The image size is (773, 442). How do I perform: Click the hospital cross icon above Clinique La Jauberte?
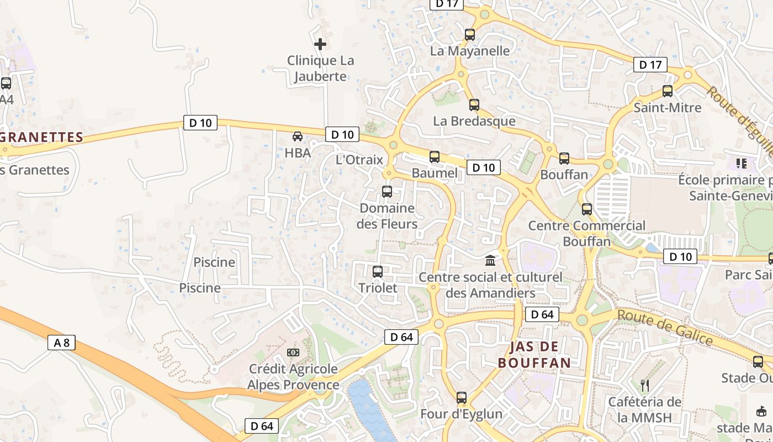coord(320,44)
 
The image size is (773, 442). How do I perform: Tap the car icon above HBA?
coord(298,136)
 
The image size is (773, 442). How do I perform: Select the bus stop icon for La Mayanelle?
coord(470,35)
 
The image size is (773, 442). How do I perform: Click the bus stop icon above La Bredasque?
coord(474,105)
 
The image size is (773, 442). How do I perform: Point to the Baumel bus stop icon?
coord(435,157)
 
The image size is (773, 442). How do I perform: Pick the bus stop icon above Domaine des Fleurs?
coord(387,192)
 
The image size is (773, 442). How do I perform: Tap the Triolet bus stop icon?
coord(378,272)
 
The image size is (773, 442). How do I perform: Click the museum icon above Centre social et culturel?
coord(490,260)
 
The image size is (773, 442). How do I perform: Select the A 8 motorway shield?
coord(62,343)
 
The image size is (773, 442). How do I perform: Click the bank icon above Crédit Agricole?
coord(293,352)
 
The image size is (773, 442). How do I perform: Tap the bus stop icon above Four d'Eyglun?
coord(462,398)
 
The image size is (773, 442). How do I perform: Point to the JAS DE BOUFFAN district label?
coord(534,355)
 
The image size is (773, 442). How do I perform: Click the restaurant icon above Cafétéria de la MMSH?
coord(645,385)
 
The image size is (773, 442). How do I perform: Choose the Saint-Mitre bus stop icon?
coord(668,91)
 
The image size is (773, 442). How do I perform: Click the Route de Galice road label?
coord(665,327)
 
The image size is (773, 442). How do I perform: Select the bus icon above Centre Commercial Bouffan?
coord(587,209)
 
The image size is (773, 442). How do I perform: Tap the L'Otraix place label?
coord(359,160)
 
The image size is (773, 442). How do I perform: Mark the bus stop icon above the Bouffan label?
coord(564,159)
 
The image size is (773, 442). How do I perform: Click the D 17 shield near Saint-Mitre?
coord(650,65)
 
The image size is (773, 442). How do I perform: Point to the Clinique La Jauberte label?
coord(320,69)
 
